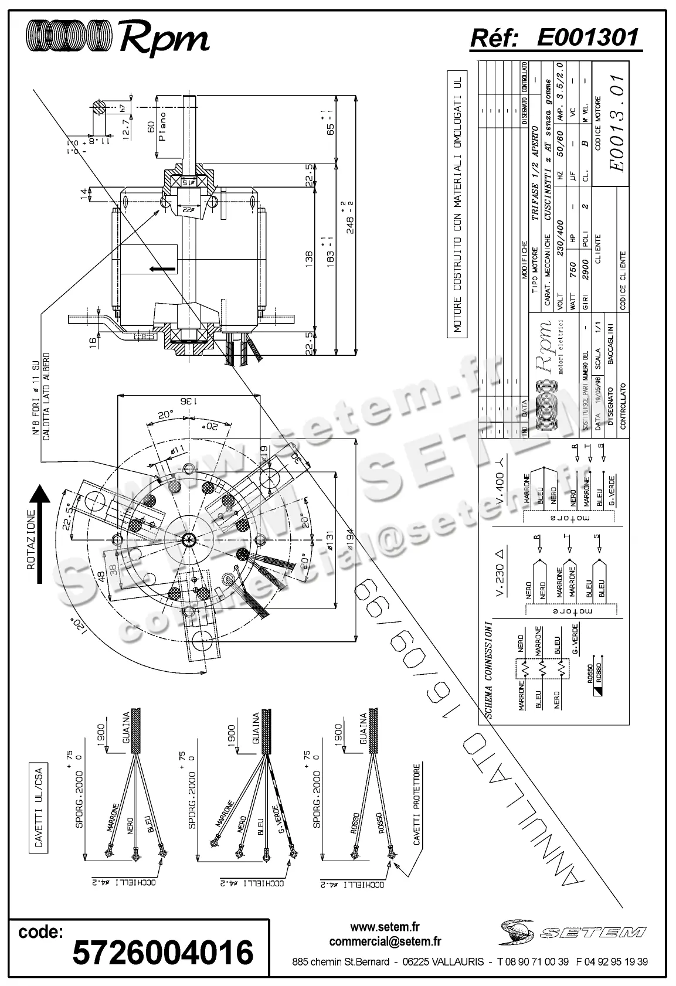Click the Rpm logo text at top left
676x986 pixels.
click(164, 39)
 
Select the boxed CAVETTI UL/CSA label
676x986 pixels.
click(39, 810)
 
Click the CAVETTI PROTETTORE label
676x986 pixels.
click(417, 804)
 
